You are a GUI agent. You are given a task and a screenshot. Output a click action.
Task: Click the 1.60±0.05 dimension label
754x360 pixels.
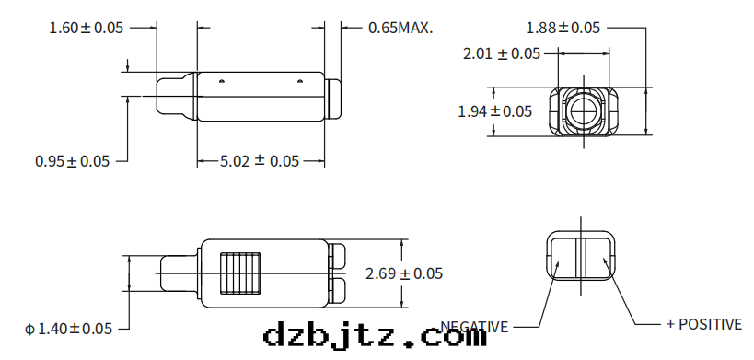click(86, 28)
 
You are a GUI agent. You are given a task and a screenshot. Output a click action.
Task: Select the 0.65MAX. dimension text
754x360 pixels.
click(400, 28)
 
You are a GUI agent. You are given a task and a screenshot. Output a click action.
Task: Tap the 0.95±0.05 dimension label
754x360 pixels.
click(72, 161)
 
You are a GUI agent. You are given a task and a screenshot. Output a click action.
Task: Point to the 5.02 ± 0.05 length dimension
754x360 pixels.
click(260, 161)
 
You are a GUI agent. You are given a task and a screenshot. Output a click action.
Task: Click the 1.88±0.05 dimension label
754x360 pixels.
click(563, 28)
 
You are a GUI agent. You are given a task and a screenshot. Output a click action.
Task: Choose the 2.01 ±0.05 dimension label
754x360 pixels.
click(502, 54)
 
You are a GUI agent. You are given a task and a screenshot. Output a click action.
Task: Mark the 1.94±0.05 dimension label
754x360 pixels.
click(495, 111)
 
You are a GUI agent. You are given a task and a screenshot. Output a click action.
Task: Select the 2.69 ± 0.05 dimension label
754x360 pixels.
click(404, 273)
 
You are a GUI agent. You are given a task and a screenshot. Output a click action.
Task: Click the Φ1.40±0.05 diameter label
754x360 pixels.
click(68, 328)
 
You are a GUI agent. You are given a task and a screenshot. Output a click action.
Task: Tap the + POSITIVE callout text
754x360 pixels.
click(703, 324)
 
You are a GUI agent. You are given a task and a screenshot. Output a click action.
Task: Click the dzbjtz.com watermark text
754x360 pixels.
click(375, 335)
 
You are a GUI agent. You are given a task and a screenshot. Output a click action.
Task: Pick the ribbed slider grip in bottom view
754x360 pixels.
click(242, 272)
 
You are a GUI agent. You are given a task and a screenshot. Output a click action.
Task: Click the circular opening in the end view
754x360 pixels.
click(583, 110)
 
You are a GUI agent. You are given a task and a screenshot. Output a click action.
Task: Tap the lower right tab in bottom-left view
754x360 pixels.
click(338, 290)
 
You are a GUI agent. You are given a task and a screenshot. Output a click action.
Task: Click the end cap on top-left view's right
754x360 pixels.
click(334, 98)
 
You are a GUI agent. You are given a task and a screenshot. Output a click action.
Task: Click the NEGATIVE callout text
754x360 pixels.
click(474, 326)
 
